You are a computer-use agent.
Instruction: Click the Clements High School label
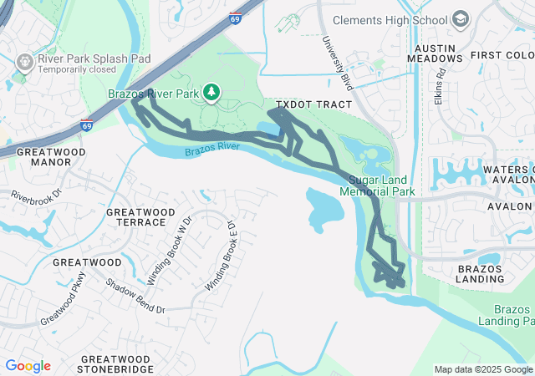click(x=390, y=19)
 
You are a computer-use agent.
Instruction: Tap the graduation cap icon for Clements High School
click(x=461, y=18)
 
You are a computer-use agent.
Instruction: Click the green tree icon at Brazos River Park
click(x=212, y=91)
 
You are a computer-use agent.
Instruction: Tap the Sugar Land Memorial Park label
click(x=377, y=185)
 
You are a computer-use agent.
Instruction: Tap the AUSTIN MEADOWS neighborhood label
click(x=435, y=53)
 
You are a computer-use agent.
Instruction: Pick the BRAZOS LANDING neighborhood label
click(x=480, y=273)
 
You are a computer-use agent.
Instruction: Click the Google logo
click(x=28, y=366)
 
